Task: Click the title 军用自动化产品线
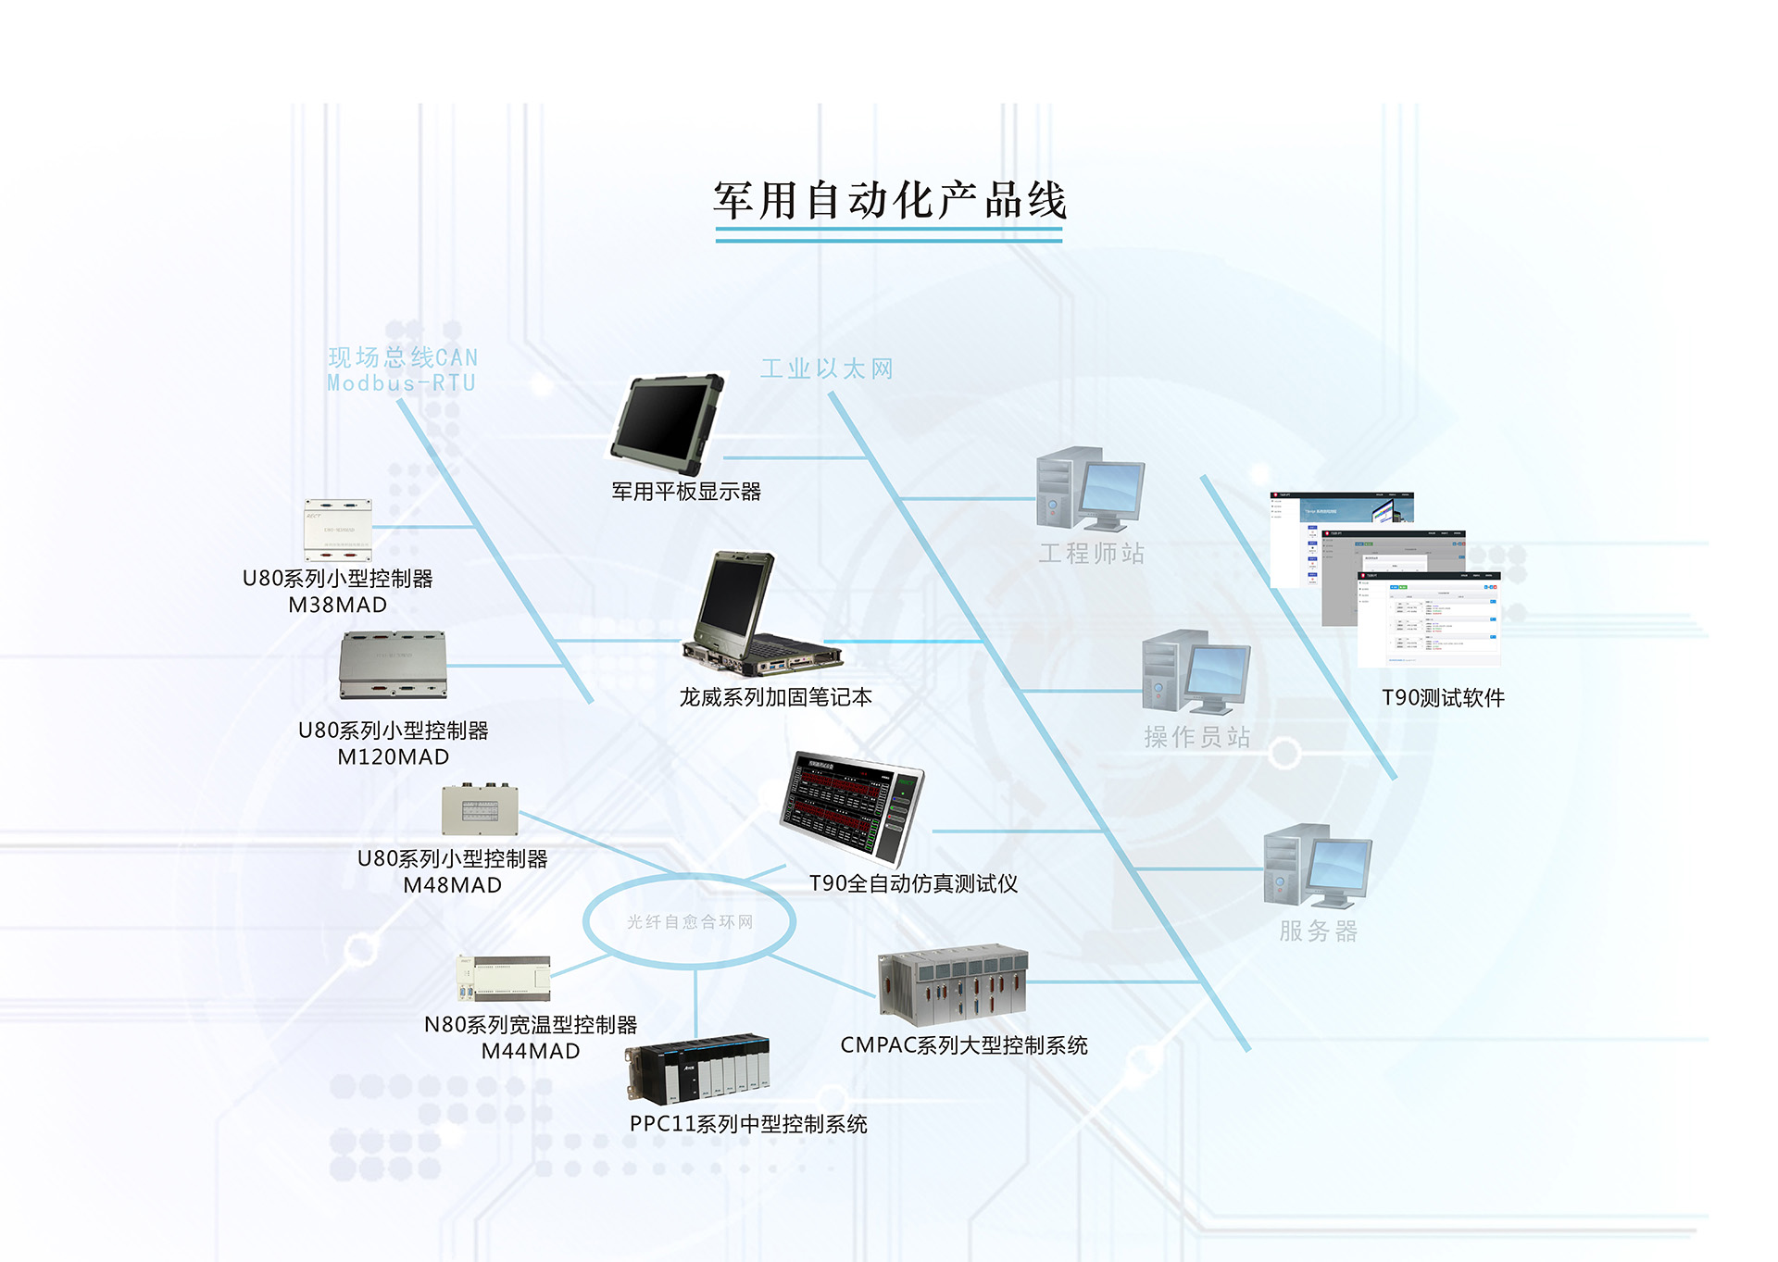(x=889, y=201)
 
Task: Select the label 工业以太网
(x=827, y=369)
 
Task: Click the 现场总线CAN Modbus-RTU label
(x=402, y=370)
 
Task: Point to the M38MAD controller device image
(x=338, y=530)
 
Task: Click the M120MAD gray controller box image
(x=394, y=665)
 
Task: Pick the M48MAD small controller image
(x=480, y=809)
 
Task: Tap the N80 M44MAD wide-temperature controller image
(x=504, y=979)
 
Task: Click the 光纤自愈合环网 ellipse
(x=689, y=921)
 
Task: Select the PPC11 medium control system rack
(x=698, y=1070)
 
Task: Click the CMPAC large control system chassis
(x=953, y=985)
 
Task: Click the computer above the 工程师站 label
(x=1090, y=489)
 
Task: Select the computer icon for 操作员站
(x=1196, y=671)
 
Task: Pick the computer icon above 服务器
(x=1317, y=866)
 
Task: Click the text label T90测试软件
(x=1443, y=698)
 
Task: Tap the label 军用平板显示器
(x=686, y=492)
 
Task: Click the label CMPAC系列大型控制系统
(x=963, y=1045)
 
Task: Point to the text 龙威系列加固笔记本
(x=776, y=697)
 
